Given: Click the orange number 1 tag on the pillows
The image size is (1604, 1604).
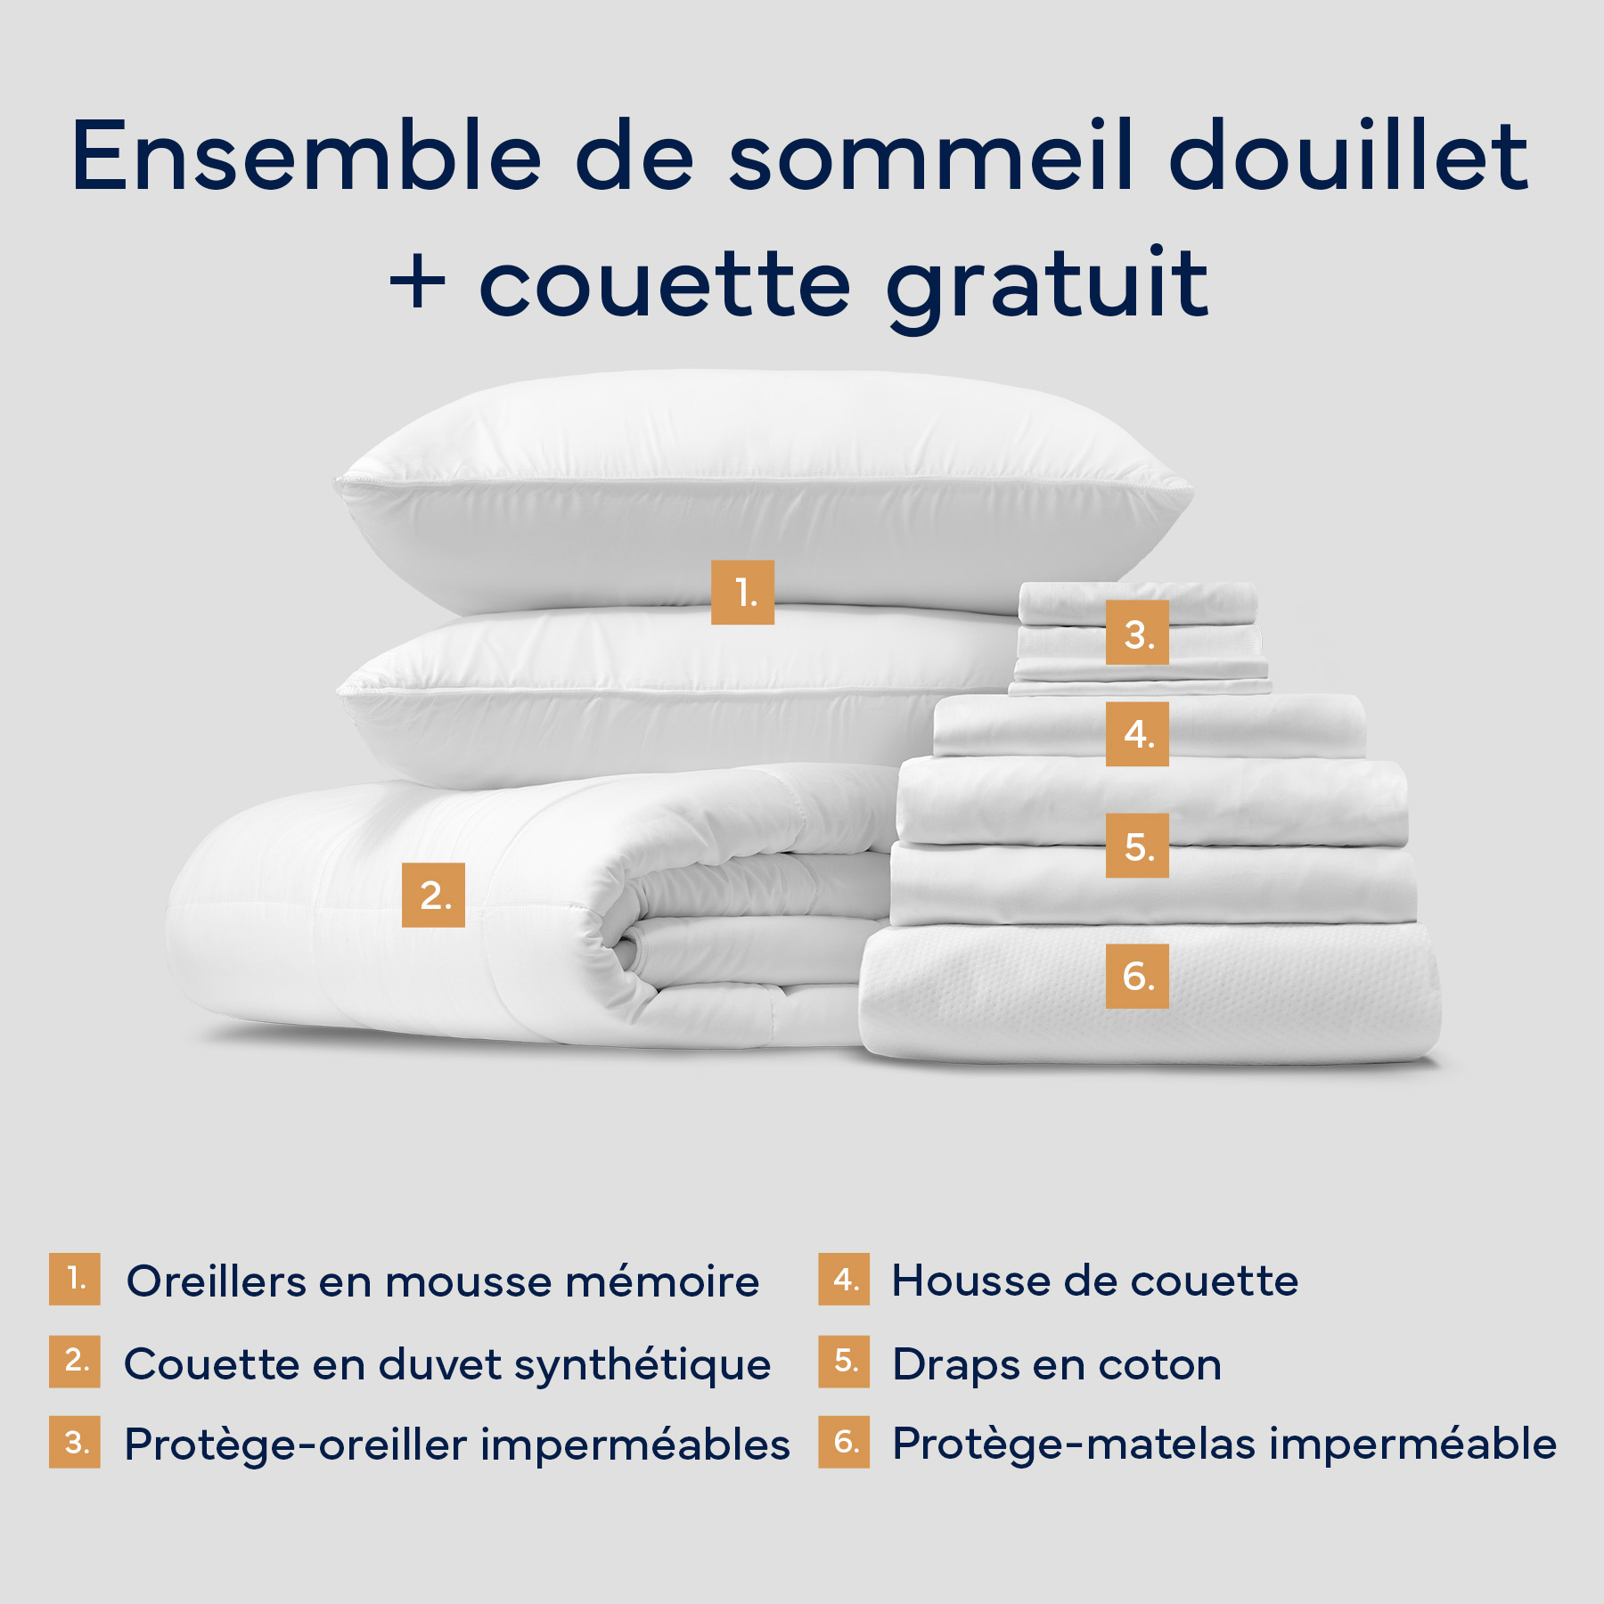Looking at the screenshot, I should (x=742, y=593).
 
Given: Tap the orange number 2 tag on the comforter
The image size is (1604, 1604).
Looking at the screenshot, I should (x=433, y=895).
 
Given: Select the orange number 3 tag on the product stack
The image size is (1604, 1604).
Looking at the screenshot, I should (x=1137, y=633).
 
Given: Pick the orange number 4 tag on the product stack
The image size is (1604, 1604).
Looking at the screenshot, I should (x=1137, y=734).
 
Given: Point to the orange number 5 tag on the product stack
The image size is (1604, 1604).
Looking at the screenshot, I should (x=1137, y=846).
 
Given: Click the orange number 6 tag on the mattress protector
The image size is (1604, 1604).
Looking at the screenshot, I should (x=1137, y=976).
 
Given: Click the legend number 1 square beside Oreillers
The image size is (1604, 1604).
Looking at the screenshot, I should (x=75, y=1280).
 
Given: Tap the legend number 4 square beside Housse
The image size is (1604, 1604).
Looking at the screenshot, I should (x=844, y=1280).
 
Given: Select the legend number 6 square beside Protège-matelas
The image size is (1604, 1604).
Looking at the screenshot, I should (x=844, y=1442).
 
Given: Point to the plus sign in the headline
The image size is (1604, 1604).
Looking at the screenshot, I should (x=417, y=285).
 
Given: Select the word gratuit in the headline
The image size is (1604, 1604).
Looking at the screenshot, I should (x=1047, y=285).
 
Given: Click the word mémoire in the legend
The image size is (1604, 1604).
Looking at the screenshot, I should (x=662, y=1282).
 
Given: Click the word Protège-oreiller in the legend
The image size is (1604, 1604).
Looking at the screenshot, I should (x=295, y=1444).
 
